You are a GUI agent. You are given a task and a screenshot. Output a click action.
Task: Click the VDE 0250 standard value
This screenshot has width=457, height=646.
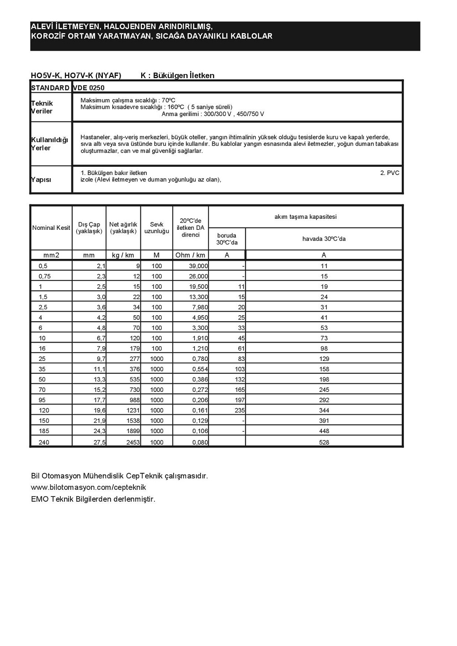[x=89, y=88]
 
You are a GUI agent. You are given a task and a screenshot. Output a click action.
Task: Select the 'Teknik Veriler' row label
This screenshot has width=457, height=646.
[x=42, y=107]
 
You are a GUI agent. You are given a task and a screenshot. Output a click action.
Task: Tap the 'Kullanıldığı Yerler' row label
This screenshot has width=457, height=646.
[x=49, y=144]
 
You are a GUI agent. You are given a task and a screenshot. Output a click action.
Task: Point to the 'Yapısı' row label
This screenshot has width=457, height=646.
[x=41, y=180]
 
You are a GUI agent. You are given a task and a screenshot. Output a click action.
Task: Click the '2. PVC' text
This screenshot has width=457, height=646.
[x=389, y=173]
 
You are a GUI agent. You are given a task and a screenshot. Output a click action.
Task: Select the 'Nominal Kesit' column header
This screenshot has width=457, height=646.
[x=51, y=228]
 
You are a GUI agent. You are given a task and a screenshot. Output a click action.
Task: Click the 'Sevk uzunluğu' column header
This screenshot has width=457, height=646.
[x=157, y=228]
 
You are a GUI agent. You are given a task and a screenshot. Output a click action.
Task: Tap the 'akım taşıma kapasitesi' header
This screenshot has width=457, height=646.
[x=305, y=217]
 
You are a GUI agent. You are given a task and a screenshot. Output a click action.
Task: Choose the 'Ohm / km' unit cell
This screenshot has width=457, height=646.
[x=190, y=255]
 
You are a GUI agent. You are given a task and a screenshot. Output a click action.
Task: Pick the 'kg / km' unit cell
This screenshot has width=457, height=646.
[x=123, y=255]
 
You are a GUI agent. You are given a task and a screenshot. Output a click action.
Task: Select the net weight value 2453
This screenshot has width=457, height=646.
[x=133, y=442]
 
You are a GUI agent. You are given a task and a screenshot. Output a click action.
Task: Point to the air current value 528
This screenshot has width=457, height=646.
[x=324, y=442]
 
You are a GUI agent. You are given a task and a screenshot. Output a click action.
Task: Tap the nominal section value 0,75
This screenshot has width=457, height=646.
[x=45, y=276]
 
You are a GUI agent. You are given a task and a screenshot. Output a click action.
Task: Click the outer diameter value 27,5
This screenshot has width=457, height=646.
[x=100, y=442]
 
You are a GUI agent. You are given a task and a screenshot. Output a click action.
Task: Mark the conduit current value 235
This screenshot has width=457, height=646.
[x=239, y=410]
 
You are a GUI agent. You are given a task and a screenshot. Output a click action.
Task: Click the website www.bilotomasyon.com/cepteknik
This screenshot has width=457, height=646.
[x=89, y=487]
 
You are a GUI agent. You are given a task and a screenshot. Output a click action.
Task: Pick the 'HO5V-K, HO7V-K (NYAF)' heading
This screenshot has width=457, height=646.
[x=76, y=75]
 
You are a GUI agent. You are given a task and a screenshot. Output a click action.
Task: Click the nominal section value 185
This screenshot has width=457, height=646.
[x=44, y=431]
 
